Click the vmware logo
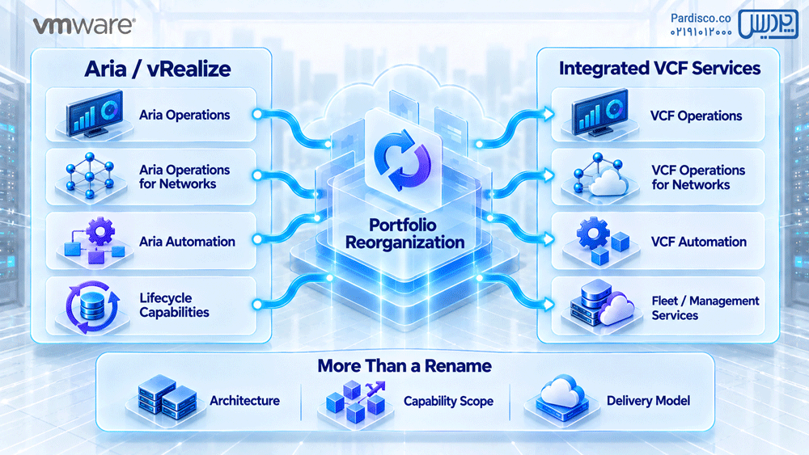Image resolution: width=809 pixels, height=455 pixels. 84,25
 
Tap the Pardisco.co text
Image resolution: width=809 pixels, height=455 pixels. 701,18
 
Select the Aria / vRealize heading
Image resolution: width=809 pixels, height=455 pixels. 158,69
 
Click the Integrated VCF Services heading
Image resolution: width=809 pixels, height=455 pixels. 659,68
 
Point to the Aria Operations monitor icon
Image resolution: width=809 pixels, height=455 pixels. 95,113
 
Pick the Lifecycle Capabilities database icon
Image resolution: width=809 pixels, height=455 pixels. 93,306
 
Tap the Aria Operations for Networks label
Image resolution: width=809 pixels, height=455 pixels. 184,177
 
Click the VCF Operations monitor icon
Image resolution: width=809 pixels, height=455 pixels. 600,112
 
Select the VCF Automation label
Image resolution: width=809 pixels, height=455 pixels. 699,242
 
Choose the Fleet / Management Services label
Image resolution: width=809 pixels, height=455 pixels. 705,308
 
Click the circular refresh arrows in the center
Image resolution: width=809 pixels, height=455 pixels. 402,160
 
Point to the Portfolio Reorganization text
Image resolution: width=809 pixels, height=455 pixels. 405,234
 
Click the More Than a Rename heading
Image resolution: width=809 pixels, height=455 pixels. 404,366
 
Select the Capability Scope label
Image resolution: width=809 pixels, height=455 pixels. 448,401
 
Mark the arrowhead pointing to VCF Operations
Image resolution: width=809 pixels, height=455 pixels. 549,113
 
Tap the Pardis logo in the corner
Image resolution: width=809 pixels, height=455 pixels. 769,23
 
